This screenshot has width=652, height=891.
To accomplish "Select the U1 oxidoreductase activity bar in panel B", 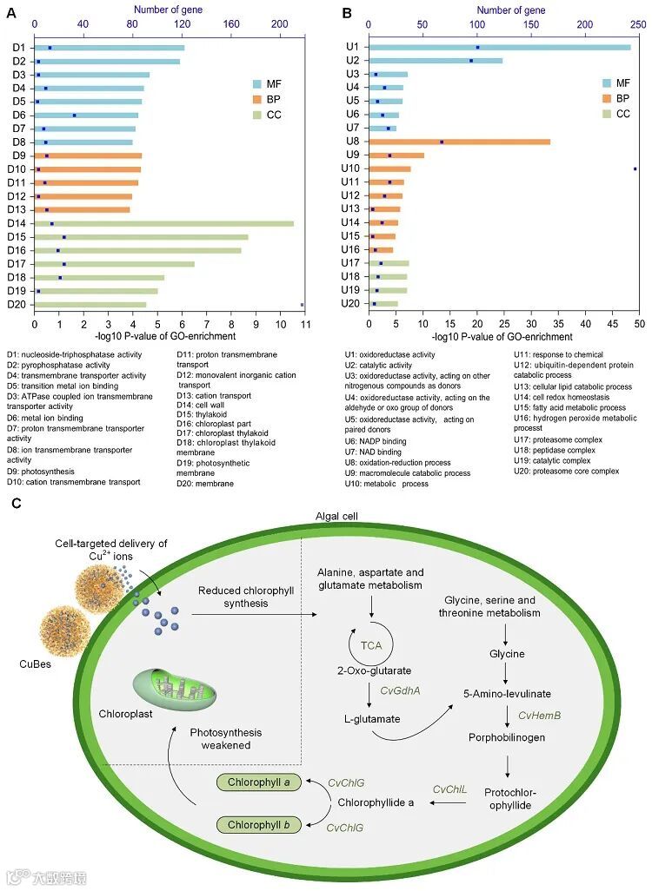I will tap(499, 47).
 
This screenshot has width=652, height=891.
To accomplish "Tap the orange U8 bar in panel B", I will tap(459, 142).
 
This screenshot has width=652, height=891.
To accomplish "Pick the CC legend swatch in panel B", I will tap(608, 114).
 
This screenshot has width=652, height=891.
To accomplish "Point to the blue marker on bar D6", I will tap(75, 115).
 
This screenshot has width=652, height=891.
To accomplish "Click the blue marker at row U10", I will tap(635, 168).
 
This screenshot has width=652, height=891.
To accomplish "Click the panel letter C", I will tap(17, 502).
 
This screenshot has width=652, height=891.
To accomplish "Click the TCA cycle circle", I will tap(372, 646).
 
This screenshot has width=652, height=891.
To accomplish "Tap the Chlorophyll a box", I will tap(258, 782).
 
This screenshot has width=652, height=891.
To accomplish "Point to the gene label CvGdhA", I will tap(402, 690).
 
